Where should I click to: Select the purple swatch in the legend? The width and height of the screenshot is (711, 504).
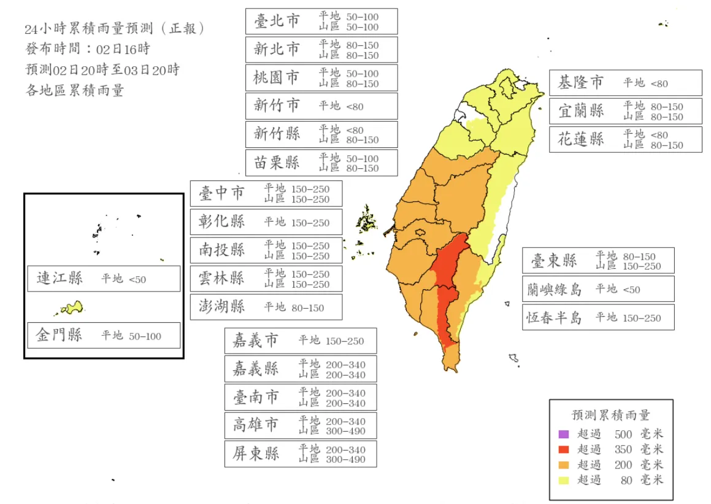point(564,434)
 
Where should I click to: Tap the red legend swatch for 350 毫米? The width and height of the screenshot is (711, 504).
point(564,449)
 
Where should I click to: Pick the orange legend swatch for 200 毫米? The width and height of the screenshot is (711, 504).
point(564,465)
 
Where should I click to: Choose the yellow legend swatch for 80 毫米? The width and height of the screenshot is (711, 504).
point(564,480)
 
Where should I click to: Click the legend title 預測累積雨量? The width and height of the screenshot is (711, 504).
point(610,416)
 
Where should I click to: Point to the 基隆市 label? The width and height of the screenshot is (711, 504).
point(580,82)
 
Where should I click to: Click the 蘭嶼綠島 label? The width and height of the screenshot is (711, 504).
point(554,289)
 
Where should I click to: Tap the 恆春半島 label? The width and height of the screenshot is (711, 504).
point(554,317)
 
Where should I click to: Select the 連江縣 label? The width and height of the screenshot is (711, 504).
point(60,279)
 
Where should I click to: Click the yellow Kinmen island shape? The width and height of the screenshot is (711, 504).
point(72,308)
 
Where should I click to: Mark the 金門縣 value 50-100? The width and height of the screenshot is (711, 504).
point(145,336)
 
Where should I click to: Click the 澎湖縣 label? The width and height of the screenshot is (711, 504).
point(221,306)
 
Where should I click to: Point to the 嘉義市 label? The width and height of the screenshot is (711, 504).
point(255,340)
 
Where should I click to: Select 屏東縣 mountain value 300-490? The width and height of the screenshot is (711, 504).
point(345,460)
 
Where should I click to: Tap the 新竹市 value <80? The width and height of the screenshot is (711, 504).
point(355,107)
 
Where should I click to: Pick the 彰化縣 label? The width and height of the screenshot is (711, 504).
point(221,222)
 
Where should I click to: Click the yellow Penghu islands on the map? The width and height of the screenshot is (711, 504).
point(366,219)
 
